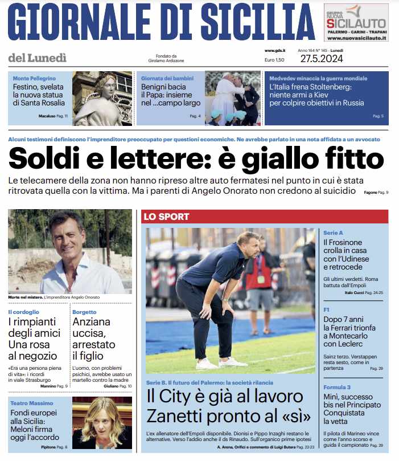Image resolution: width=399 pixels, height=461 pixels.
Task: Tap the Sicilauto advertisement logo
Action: click(x=356, y=23)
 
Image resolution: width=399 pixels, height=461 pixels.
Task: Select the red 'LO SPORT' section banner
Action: click(x=166, y=217)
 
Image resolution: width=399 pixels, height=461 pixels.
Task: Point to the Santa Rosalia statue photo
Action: click(x=102, y=98)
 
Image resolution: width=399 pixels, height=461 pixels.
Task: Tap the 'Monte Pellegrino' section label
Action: click(x=34, y=78)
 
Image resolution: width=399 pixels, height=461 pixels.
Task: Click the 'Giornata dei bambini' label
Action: click(x=163, y=78)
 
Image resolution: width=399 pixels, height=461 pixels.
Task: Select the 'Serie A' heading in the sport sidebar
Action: click(x=333, y=233)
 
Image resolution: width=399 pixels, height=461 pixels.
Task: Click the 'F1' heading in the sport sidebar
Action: click(x=327, y=309)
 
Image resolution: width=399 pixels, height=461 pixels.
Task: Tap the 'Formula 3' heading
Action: click(x=337, y=387)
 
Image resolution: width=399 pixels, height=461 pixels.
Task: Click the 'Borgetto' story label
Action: click(x=84, y=312)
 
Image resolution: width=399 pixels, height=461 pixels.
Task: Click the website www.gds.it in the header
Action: click(x=275, y=51)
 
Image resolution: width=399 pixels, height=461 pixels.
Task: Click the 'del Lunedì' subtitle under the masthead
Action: click(x=38, y=57)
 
